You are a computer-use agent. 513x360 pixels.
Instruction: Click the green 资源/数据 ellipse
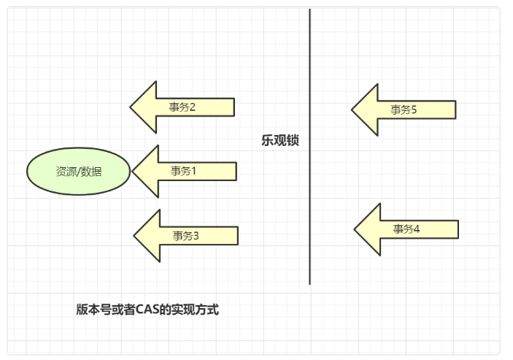(x=78, y=172)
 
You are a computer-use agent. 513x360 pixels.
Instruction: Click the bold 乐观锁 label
(x=280, y=141)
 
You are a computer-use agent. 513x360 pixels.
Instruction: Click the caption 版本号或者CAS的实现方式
(x=147, y=310)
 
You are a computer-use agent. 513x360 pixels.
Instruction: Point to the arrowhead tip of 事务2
(x=132, y=107)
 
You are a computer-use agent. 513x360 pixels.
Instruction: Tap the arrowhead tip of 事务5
(x=353, y=110)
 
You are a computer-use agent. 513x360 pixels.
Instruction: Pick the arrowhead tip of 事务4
(x=356, y=230)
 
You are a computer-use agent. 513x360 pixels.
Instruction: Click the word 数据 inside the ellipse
(x=92, y=172)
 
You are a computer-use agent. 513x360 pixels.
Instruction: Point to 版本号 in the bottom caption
(x=91, y=310)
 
